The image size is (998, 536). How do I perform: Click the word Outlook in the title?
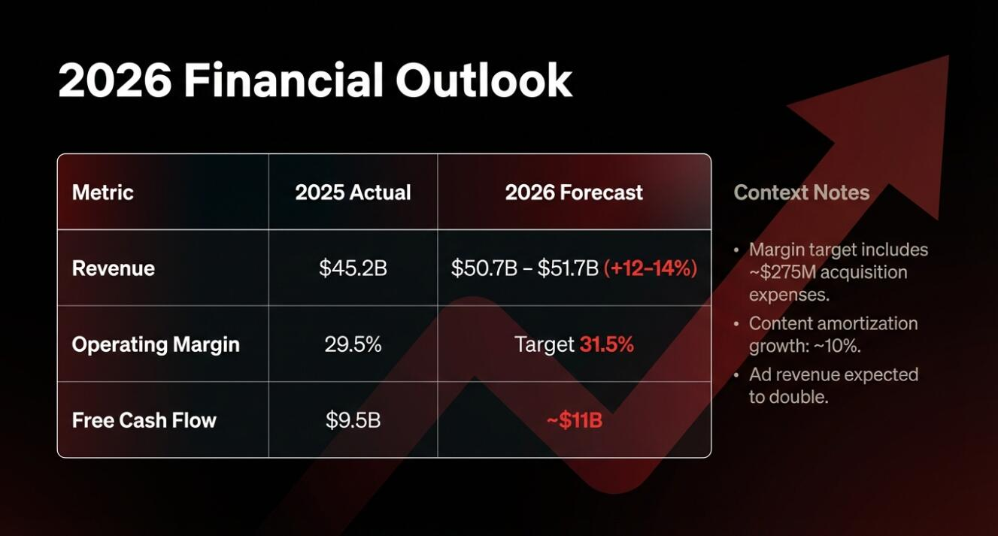[484, 80]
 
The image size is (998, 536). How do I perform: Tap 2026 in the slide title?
[114, 80]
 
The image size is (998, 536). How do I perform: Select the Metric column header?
[102, 192]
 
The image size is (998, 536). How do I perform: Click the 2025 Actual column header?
[353, 192]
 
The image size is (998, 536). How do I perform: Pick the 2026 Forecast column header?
[574, 192]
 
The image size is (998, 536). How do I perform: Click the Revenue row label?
[113, 268]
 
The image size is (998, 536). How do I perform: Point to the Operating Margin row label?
[156, 345]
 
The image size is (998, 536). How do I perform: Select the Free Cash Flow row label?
[144, 420]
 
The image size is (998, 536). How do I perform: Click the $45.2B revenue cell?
[353, 268]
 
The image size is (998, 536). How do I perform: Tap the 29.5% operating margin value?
[353, 344]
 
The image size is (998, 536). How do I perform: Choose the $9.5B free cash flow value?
[353, 420]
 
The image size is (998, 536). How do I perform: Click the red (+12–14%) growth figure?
[651, 268]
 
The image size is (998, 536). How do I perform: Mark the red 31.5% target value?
[607, 344]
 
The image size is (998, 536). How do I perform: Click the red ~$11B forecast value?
[575, 420]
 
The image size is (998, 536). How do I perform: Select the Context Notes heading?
[802, 192]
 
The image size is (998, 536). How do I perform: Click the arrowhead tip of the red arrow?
[948, 56]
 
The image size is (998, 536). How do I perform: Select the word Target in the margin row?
[545, 345]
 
